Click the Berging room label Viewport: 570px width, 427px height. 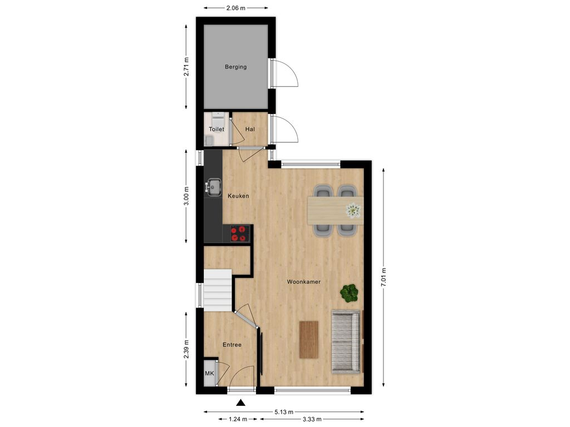coord(235,67)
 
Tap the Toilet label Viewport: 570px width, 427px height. coord(216,129)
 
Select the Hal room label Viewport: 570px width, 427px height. coord(250,129)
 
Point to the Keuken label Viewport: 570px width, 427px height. coord(238,196)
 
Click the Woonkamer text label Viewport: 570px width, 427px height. coord(303,282)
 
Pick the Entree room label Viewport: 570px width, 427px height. coord(232,345)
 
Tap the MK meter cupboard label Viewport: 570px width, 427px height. coord(209,373)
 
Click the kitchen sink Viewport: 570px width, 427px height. coord(213,187)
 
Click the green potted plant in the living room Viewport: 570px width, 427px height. coord(350,293)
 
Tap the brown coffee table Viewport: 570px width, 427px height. coord(308,340)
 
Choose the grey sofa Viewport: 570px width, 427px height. coord(346,340)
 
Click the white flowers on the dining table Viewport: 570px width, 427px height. coord(353,210)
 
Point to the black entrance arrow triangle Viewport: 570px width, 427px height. coord(240,403)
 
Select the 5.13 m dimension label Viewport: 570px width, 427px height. coord(284,412)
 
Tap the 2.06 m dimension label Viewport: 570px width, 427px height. coord(235,8)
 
